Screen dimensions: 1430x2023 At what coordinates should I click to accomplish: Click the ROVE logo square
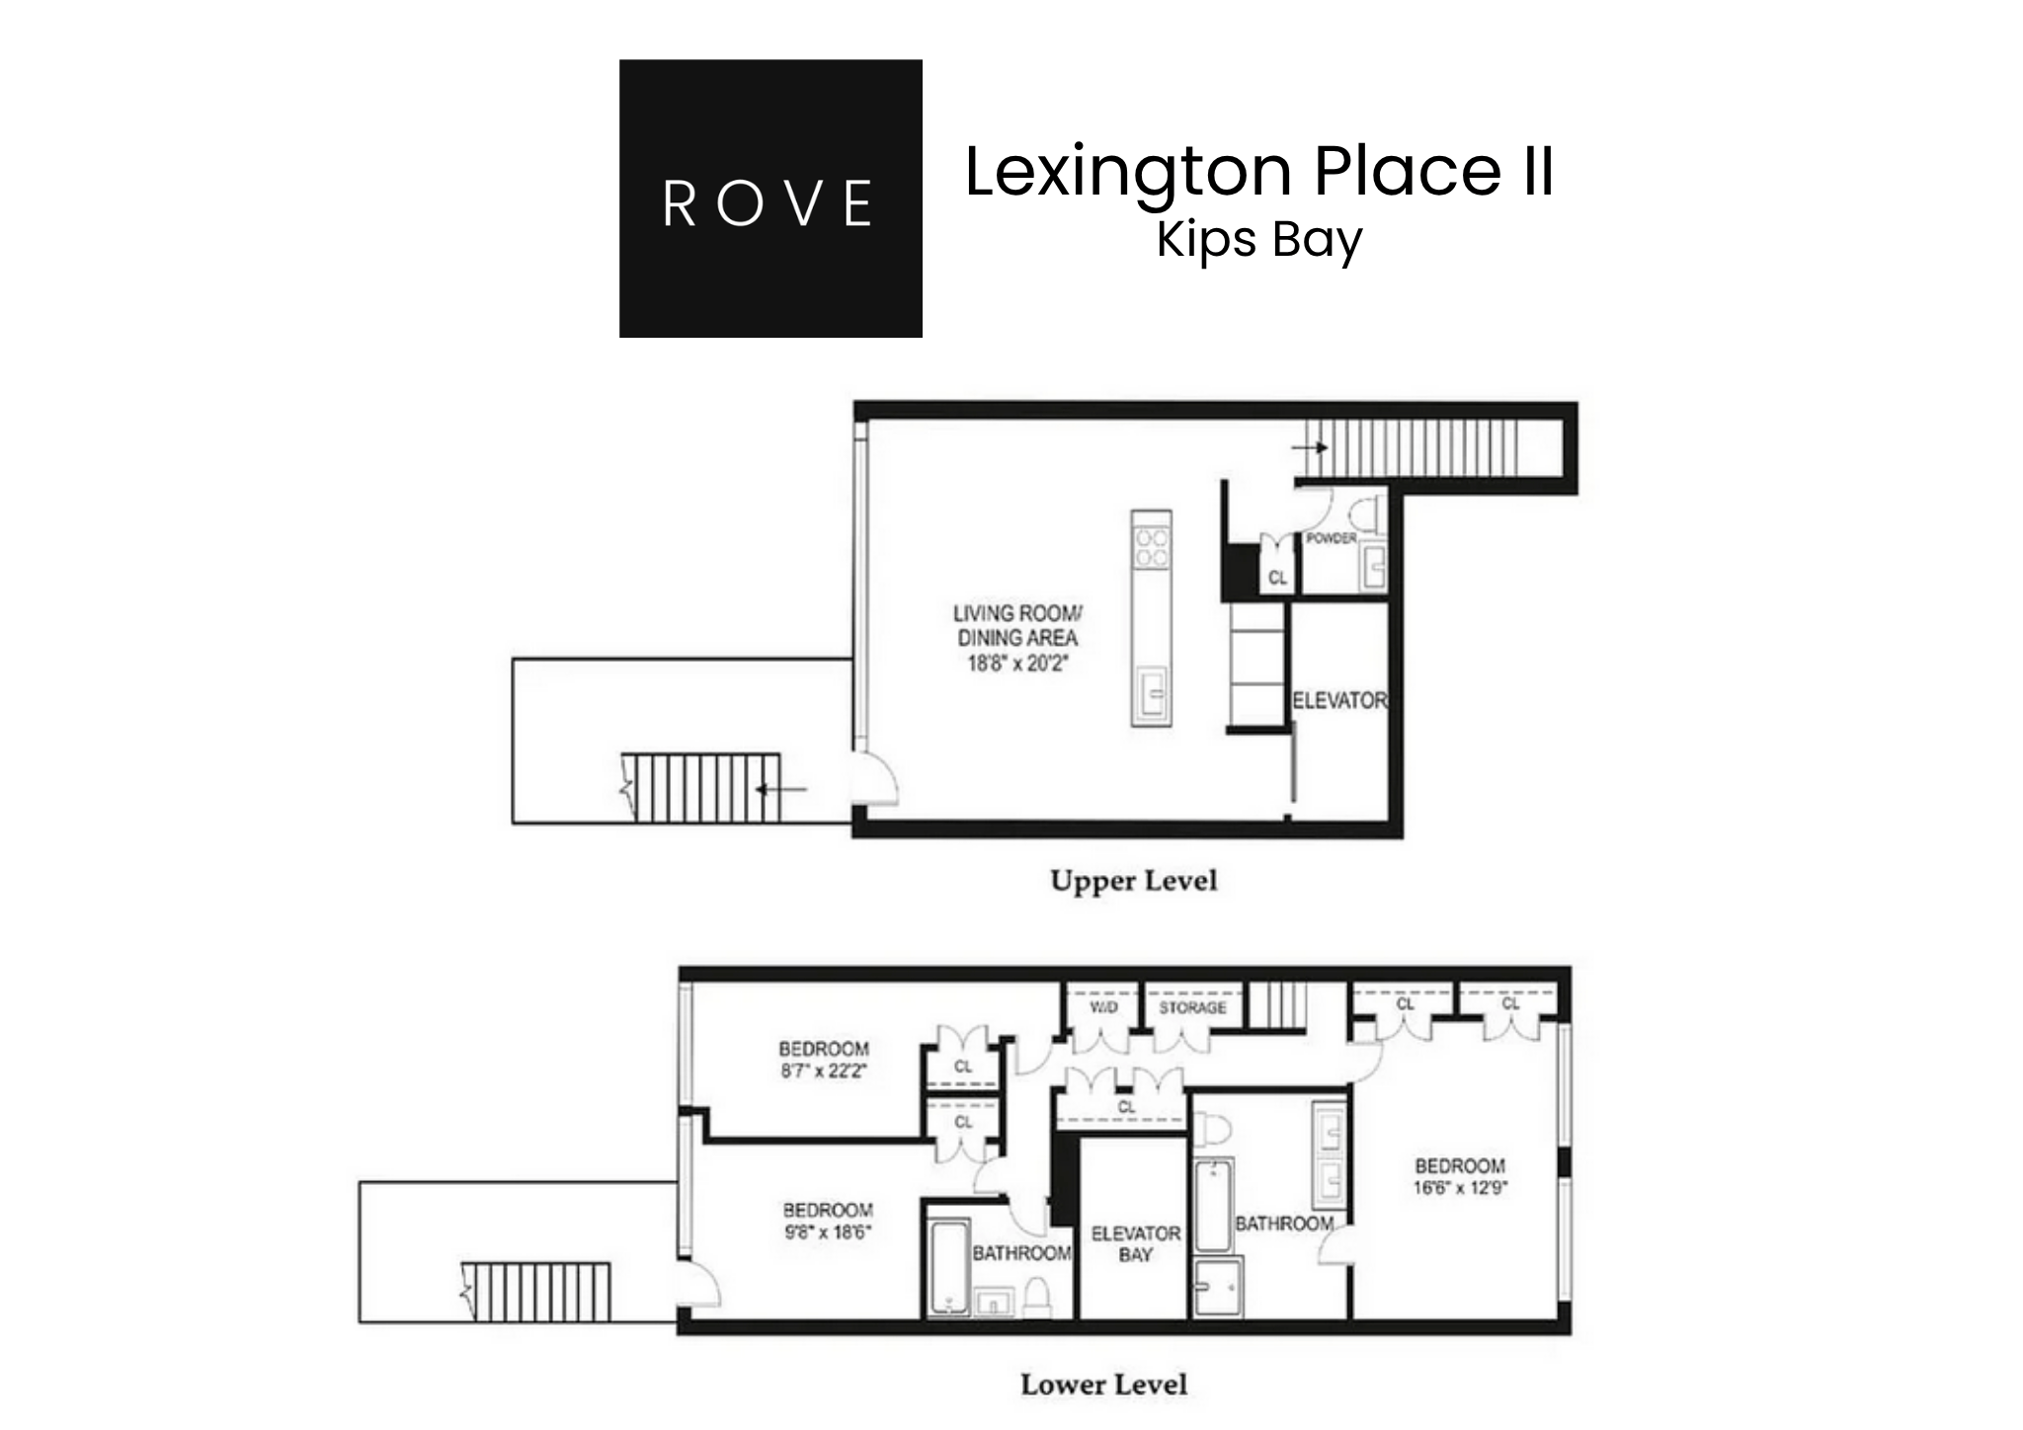770,199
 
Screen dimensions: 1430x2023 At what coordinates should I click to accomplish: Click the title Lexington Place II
1259,172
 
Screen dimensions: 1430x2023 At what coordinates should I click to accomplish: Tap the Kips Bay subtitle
1259,240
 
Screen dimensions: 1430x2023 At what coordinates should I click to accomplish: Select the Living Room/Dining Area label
1017,626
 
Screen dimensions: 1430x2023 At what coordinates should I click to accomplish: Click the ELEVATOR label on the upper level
1339,700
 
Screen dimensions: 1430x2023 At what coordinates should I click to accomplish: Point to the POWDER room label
1331,538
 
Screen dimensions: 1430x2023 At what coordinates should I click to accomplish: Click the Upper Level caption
1133,881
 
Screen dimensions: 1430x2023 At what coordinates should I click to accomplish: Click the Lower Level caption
1103,1385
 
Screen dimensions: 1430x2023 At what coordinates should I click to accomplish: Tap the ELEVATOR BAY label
1135,1244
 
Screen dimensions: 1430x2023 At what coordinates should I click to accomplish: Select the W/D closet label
1103,1007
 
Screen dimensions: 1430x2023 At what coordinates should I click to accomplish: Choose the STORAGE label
1192,1007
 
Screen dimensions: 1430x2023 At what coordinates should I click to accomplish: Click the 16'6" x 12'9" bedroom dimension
1460,1188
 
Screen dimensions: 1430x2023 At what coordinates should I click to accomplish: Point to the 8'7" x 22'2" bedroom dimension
824,1071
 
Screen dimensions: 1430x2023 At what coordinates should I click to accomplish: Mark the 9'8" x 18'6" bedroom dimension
828,1232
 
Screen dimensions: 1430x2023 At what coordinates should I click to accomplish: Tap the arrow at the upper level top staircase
1311,447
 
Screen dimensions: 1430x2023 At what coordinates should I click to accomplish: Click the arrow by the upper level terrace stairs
781,789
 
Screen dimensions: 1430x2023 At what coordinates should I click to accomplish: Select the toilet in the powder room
1366,514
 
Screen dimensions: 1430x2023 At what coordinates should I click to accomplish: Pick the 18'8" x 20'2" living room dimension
1017,664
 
